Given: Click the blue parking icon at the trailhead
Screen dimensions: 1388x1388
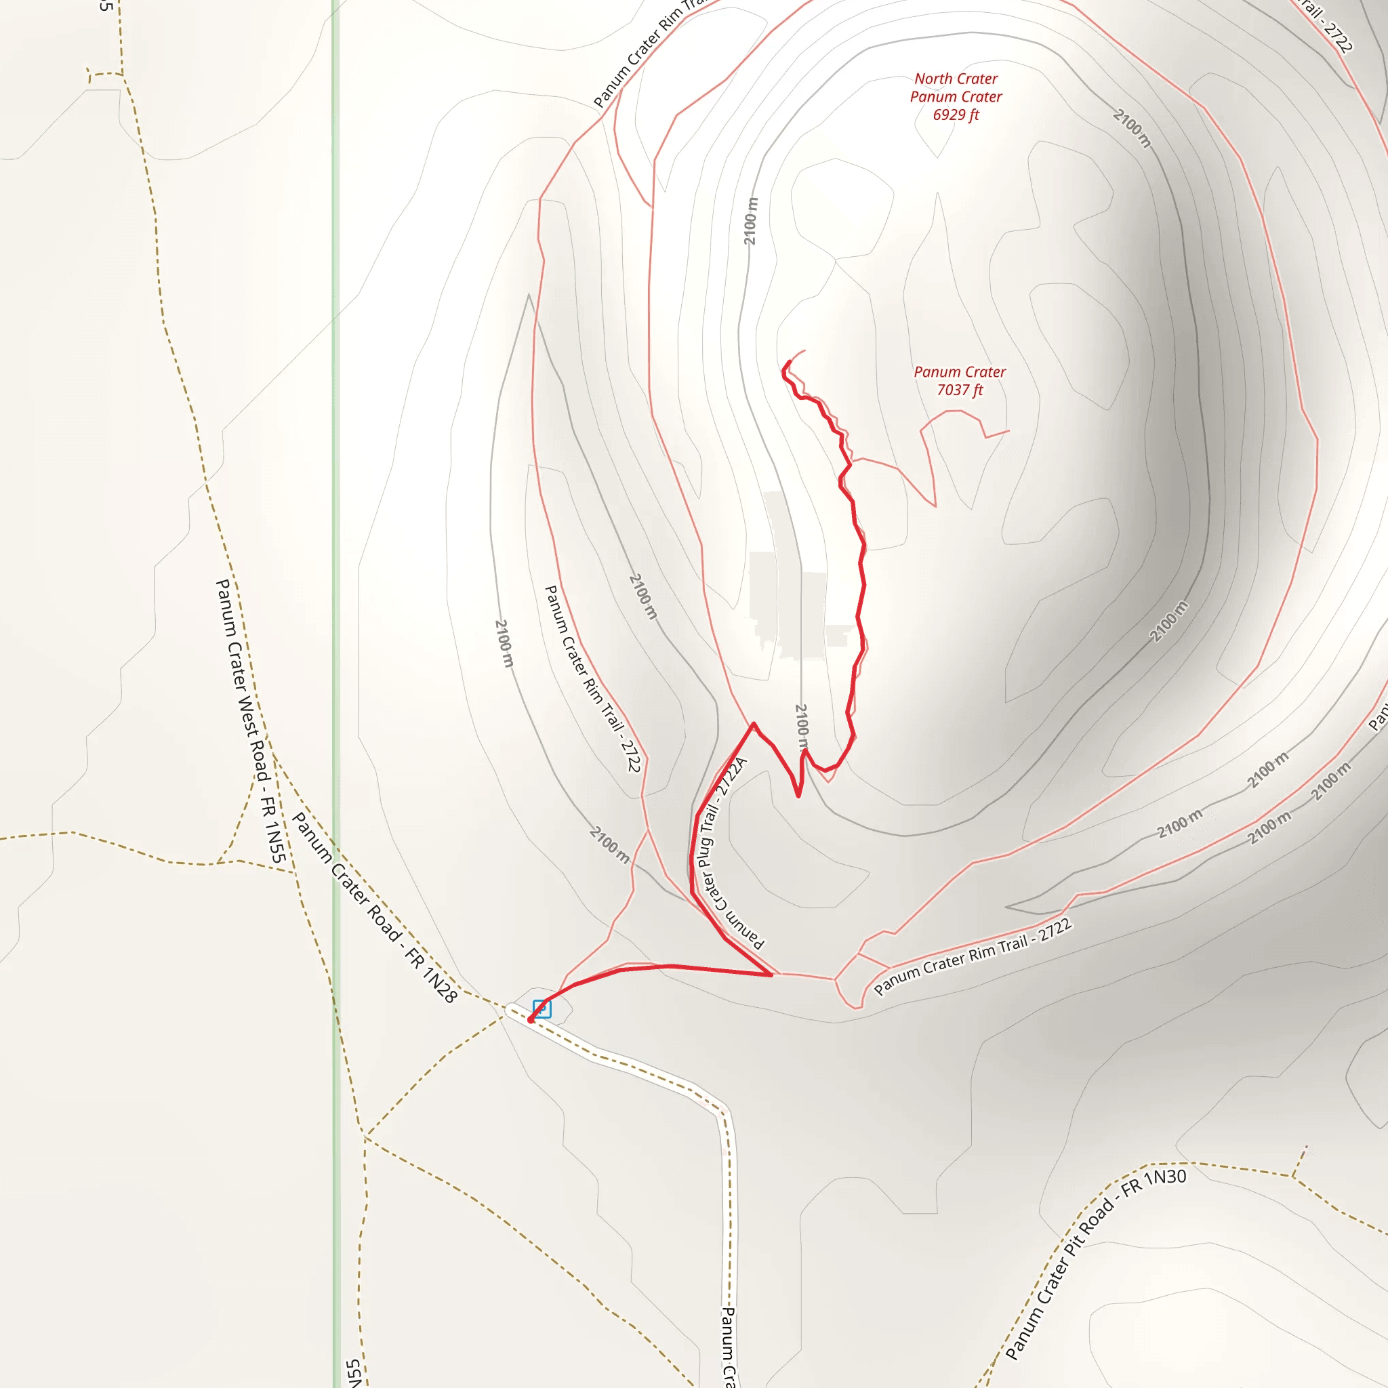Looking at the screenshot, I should click(542, 1008).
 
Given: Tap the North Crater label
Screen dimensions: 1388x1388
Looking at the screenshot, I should click(956, 79).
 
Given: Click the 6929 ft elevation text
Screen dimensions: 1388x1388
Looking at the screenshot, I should click(956, 115).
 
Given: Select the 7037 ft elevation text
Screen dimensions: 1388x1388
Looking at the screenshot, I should click(959, 390).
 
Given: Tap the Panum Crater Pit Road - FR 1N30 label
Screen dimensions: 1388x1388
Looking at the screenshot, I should click(1095, 1267).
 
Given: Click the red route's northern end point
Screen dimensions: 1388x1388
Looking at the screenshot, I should click(790, 362).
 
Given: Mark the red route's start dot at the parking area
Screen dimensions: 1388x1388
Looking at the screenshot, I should click(531, 1019).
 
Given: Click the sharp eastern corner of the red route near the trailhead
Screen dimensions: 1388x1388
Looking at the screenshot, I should click(771, 975).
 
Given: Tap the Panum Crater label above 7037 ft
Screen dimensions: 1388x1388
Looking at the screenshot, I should click(959, 372).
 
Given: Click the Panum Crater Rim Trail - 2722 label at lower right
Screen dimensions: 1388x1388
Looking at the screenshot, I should click(973, 957).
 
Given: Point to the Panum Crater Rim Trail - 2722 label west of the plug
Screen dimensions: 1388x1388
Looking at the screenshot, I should click(593, 679).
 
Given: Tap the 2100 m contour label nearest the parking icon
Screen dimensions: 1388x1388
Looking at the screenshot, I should click(609, 844).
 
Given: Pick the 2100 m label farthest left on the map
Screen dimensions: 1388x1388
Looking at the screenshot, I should click(504, 643).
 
